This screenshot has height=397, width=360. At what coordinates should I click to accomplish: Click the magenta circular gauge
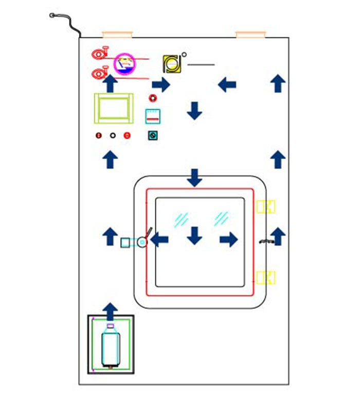(x=124, y=64)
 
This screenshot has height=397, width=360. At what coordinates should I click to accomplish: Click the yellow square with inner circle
(x=171, y=64)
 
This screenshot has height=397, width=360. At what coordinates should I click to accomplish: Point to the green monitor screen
(x=114, y=108)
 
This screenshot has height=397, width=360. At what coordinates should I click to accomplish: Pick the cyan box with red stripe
(x=153, y=116)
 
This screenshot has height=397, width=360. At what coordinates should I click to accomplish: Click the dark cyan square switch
(x=153, y=135)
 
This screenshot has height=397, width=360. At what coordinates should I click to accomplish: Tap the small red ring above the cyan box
(x=153, y=98)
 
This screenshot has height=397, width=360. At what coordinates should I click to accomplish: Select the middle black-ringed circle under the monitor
(x=113, y=135)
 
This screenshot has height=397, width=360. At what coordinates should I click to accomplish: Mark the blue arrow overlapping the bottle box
(x=110, y=312)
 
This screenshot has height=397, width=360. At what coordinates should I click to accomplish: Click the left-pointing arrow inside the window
(x=159, y=239)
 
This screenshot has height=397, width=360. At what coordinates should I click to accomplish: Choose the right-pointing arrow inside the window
(x=228, y=239)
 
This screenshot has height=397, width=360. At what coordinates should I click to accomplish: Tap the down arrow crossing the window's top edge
(x=194, y=178)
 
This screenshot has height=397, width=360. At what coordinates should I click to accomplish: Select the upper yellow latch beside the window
(x=265, y=206)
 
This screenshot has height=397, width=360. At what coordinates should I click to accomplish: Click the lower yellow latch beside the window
(x=265, y=278)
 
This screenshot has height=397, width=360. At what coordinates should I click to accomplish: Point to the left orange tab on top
(x=117, y=35)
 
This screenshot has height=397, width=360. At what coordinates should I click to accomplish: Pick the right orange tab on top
(x=251, y=35)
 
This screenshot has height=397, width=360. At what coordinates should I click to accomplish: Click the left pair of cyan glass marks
(x=181, y=219)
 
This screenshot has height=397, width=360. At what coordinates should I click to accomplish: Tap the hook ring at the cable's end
(x=52, y=15)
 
